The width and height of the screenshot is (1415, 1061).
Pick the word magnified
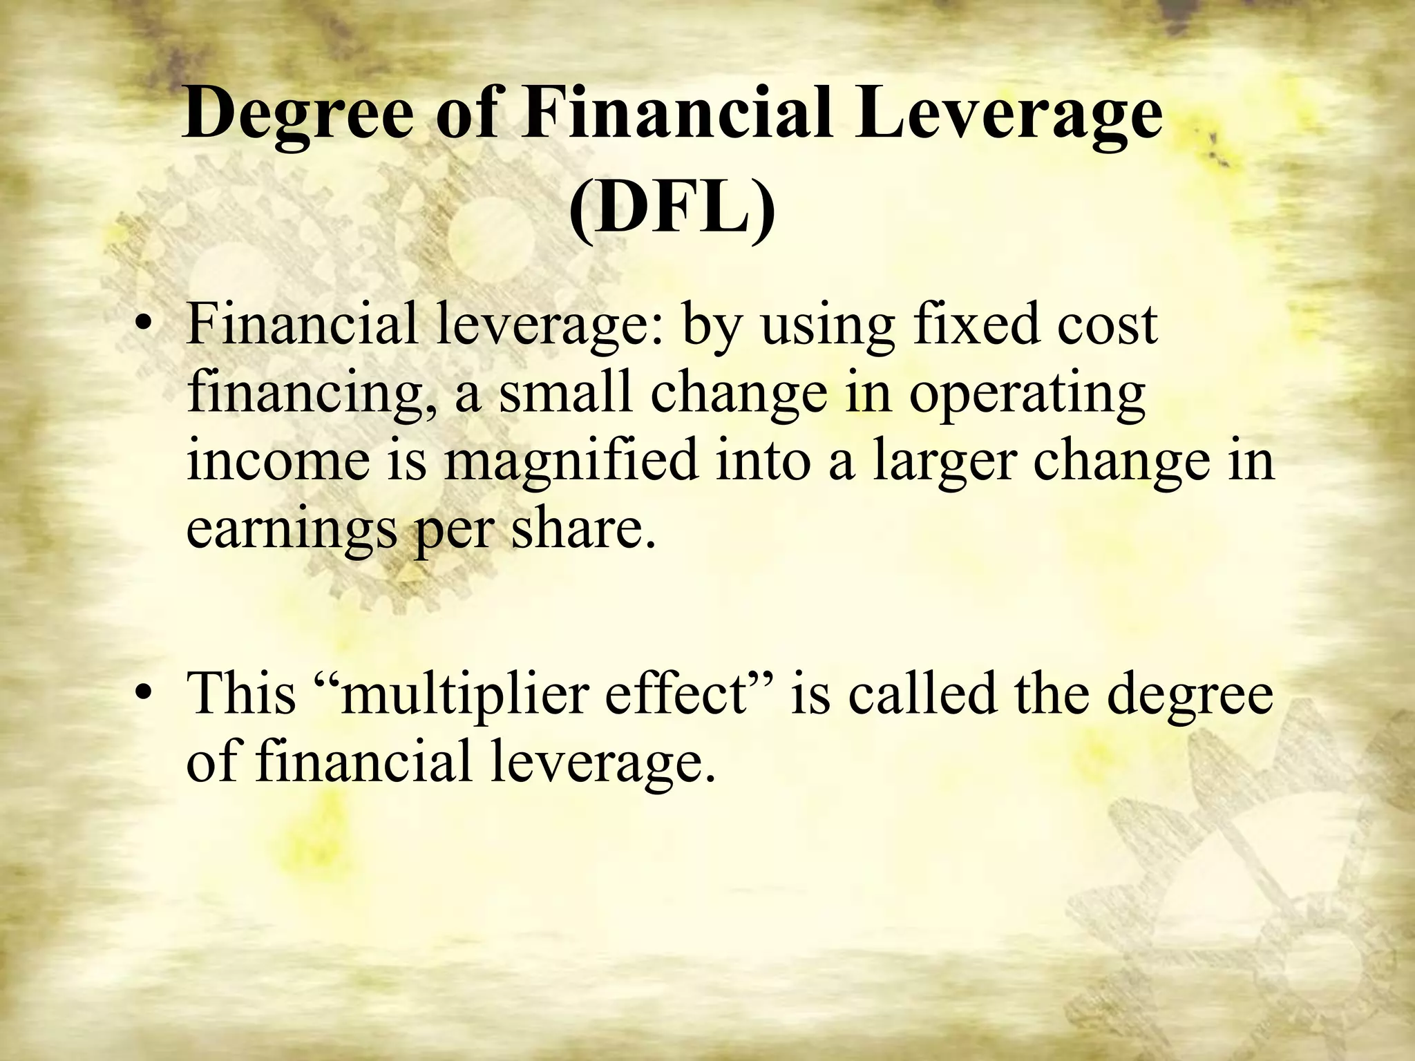(570, 463)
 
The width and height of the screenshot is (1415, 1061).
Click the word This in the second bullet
(242, 693)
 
